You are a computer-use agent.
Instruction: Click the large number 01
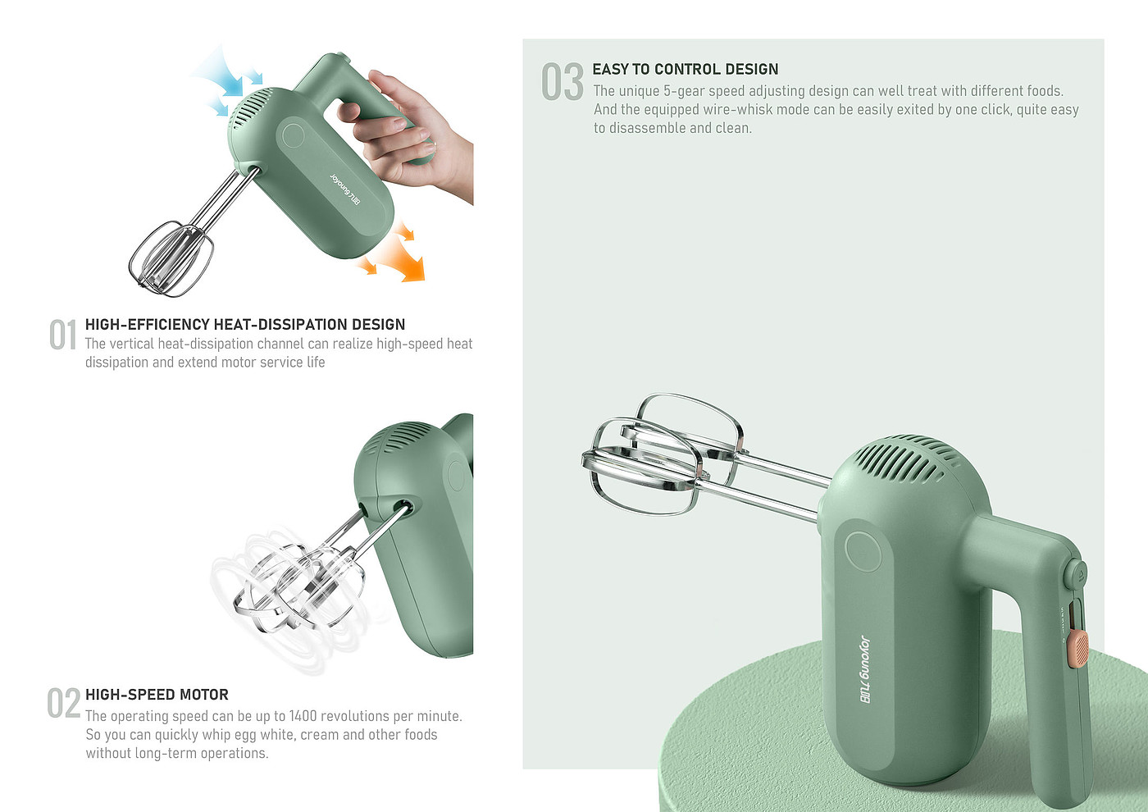(x=63, y=335)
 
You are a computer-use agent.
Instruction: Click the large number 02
(x=64, y=703)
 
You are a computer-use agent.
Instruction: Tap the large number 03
(x=563, y=81)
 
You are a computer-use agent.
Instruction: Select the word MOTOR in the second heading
(x=206, y=695)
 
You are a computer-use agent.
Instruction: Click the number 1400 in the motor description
(x=303, y=715)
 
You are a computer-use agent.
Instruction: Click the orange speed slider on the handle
(x=1077, y=649)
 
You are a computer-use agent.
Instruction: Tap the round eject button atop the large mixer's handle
(x=1075, y=575)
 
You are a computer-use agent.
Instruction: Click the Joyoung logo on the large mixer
(x=864, y=669)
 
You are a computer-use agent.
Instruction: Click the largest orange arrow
(x=403, y=259)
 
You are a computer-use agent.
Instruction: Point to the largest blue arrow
(x=221, y=73)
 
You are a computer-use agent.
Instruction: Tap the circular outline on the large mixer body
(x=863, y=551)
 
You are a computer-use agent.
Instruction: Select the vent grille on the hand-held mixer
(x=250, y=108)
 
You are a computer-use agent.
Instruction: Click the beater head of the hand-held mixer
(x=171, y=259)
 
